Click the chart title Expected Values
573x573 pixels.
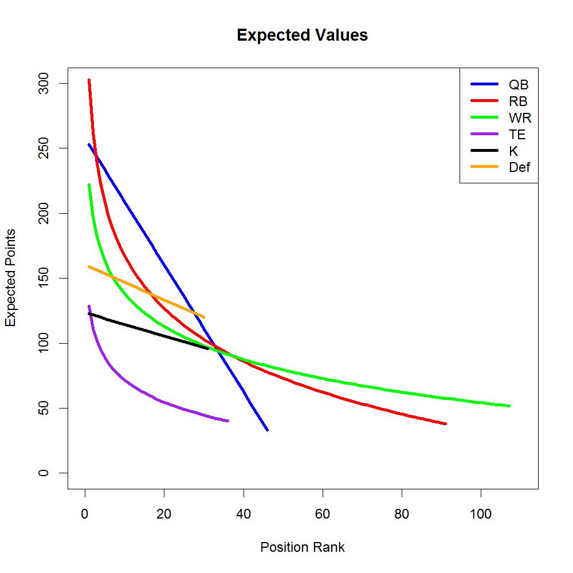coord(302,36)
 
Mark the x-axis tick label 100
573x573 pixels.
coord(481,514)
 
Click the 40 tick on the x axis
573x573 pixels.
coord(244,514)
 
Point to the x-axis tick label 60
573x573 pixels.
coord(323,514)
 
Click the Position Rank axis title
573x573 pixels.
coord(302,547)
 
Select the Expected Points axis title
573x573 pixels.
coord(11,277)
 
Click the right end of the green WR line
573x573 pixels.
coord(509,406)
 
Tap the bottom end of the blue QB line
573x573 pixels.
coord(267,430)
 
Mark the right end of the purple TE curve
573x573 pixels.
coord(227,421)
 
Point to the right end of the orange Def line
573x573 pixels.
coord(203,317)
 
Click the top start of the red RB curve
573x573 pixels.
coord(89,80)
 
